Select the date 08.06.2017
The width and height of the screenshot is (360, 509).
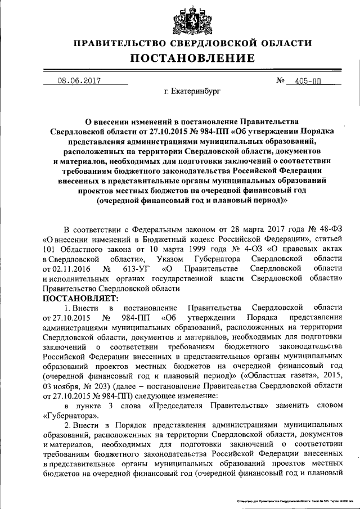pos(79,80)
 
